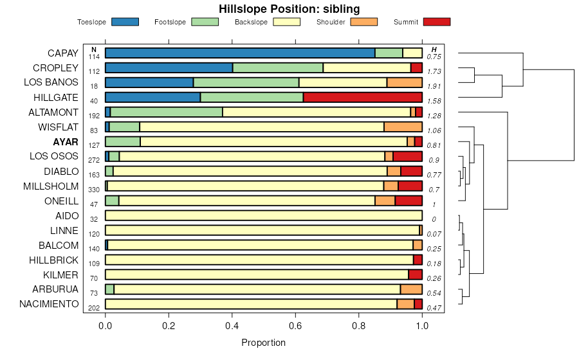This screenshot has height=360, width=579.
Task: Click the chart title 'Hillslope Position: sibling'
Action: coord(289,9)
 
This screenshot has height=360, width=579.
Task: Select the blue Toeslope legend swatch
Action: coord(125,22)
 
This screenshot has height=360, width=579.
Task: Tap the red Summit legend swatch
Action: coord(436,22)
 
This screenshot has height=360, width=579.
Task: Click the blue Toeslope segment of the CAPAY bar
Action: coord(240,53)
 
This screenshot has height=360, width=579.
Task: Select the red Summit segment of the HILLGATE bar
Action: coord(362,97)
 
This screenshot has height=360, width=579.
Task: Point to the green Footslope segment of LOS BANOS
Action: coord(246,82)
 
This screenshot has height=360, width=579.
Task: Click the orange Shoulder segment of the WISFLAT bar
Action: coord(403,127)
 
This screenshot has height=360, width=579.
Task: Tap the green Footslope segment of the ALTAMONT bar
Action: coord(166,112)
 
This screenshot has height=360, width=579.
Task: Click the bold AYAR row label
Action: coord(66,141)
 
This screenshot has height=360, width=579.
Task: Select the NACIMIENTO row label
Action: coord(49,304)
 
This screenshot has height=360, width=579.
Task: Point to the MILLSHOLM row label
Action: coord(51,186)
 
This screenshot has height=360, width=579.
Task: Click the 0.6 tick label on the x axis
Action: coord(295,325)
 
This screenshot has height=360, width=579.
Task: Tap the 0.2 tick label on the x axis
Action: coord(169,325)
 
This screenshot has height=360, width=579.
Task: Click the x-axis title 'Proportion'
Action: coord(263,343)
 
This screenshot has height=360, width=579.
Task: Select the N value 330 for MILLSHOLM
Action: coord(94,190)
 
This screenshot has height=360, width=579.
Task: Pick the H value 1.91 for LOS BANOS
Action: coord(434,86)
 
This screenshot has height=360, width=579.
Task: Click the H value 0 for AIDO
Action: coord(434,219)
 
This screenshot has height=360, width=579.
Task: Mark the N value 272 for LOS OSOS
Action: coord(94,160)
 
